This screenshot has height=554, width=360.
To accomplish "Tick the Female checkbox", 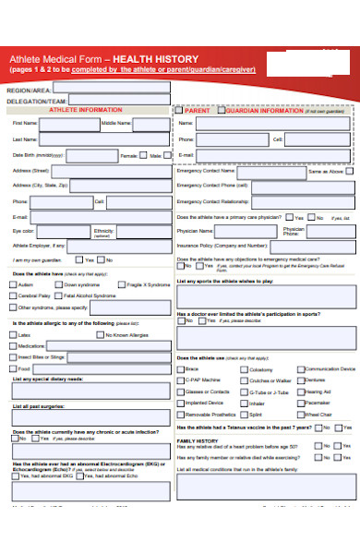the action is pyautogui.click(x=143, y=155).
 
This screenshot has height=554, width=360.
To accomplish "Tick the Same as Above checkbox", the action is pyautogui.click(x=350, y=171).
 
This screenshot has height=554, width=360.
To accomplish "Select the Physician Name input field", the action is pyautogui.click(x=243, y=232).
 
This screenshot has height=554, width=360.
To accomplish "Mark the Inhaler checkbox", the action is pyautogui.click(x=244, y=403).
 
